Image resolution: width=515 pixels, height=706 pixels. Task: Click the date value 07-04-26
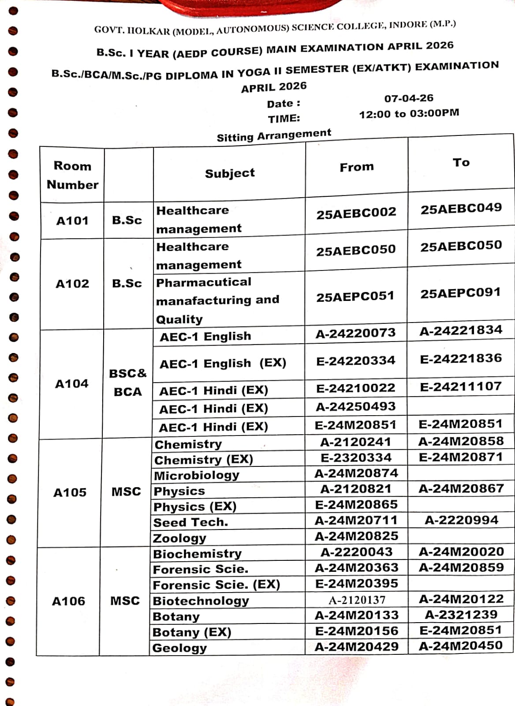409,98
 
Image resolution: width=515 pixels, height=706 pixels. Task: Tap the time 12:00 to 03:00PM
409,113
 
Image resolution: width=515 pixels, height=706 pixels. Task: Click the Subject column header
230,173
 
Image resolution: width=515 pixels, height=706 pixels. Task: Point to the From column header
356,167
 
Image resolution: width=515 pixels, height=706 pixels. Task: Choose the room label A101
72,221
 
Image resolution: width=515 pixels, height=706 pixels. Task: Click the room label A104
71,384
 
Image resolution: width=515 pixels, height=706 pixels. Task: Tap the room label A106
68,601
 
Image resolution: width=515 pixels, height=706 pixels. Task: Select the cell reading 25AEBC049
461,208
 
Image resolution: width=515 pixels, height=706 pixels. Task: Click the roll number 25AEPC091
460,293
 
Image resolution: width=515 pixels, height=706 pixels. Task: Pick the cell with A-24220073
355,333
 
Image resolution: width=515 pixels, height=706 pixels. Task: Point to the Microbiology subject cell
196,475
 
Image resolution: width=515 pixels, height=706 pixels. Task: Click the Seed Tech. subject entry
190,522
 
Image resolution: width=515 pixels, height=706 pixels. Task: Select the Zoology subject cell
179,538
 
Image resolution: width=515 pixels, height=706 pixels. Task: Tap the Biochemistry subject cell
197,554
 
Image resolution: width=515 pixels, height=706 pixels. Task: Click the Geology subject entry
179,648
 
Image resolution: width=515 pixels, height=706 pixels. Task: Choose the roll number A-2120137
357,600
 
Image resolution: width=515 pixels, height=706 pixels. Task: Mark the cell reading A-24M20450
460,646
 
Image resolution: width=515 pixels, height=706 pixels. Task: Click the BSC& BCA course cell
128,383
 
